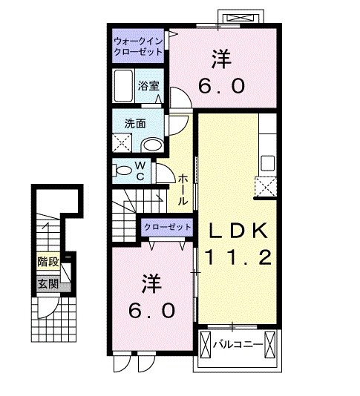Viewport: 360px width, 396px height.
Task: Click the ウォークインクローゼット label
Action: coord(139,47)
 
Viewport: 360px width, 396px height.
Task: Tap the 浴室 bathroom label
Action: coord(148,86)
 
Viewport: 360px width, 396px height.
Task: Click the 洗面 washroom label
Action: coord(134,123)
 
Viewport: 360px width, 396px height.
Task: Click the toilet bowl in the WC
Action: coord(123,171)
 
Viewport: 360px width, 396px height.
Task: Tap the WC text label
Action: coord(141,171)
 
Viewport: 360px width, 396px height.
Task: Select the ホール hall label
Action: coord(183,188)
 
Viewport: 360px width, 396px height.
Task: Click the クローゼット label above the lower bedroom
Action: coord(166,227)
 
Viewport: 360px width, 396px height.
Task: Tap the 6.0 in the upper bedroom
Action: coord(220,85)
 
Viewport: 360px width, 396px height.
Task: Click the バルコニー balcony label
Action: coord(239,345)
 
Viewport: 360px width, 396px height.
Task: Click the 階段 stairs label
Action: coord(48,262)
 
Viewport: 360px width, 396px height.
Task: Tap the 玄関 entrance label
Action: coord(48,282)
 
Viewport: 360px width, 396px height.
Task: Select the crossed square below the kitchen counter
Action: coord(264,186)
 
